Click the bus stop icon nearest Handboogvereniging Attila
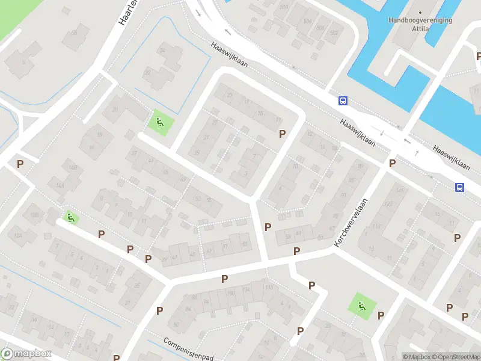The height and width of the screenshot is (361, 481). pos(343,100)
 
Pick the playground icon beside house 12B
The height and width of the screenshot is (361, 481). pos(70,218)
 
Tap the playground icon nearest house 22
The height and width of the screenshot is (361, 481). pos(160,123)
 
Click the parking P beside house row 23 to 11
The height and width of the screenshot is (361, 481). pos(281,134)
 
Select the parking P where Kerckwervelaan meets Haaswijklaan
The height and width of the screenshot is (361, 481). pos(393,163)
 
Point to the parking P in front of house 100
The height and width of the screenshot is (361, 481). pos(224,278)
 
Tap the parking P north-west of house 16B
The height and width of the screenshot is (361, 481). pos(20,164)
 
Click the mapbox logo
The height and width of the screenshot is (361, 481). pos(26,354)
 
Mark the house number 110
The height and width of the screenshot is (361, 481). pos(268,288)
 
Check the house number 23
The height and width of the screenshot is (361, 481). pos(228,94)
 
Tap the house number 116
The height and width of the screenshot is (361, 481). pos(377,226)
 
